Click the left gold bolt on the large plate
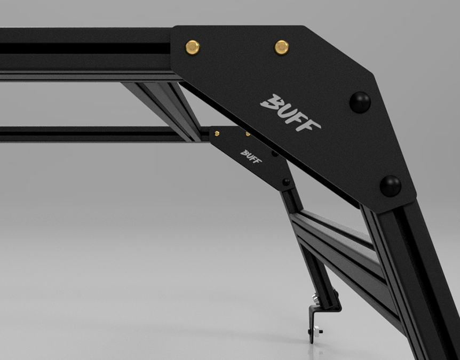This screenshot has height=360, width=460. (193, 47)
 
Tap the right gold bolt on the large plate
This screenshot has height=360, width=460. (282, 47)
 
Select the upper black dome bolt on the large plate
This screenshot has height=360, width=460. (360, 102)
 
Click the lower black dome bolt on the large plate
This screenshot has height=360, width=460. (391, 186)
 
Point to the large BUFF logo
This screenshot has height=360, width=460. (290, 113)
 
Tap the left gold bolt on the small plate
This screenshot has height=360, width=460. (217, 134)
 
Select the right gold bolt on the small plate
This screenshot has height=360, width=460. (248, 134)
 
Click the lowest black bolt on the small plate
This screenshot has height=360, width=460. (285, 182)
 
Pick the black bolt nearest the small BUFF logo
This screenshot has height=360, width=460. (275, 154)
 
